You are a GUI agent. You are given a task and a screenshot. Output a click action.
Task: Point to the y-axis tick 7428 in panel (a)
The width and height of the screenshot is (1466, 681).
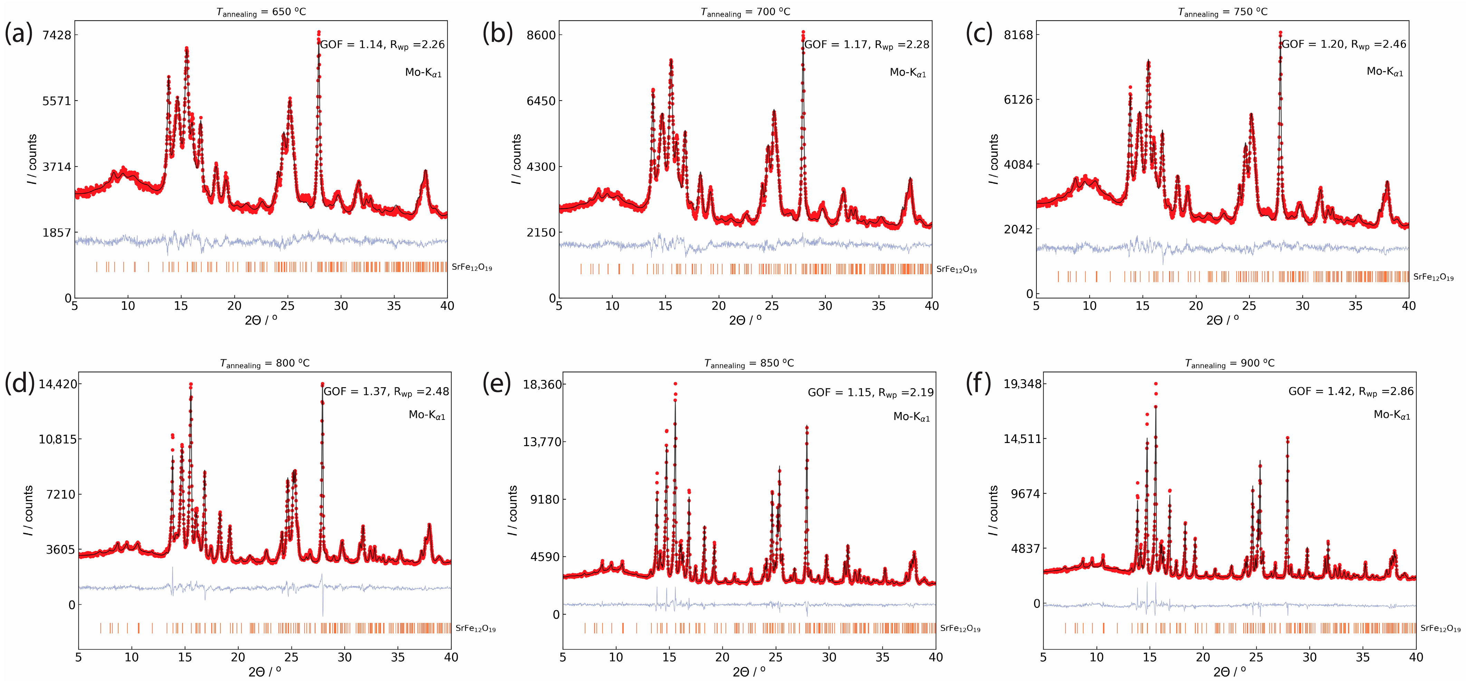tap(57, 35)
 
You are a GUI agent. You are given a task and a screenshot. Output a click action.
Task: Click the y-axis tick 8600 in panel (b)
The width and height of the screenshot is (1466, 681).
tap(541, 35)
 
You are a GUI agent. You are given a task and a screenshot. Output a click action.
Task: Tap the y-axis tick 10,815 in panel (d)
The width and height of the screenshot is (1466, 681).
tap(57, 439)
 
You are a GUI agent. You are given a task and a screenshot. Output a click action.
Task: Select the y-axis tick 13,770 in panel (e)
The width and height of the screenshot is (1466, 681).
tap(542, 442)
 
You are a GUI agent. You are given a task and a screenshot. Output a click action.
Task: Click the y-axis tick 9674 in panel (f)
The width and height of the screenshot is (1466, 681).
tap(1025, 494)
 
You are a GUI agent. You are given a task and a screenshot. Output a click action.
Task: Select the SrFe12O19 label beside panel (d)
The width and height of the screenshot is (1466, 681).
tap(475, 629)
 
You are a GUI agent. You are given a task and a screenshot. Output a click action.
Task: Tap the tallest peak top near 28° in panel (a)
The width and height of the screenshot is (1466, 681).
tap(319, 32)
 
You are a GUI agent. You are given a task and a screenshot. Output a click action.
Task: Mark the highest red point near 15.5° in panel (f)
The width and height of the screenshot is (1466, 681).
tap(1155, 384)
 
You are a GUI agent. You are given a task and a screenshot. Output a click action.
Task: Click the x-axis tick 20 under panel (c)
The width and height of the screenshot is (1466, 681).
tap(1196, 306)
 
